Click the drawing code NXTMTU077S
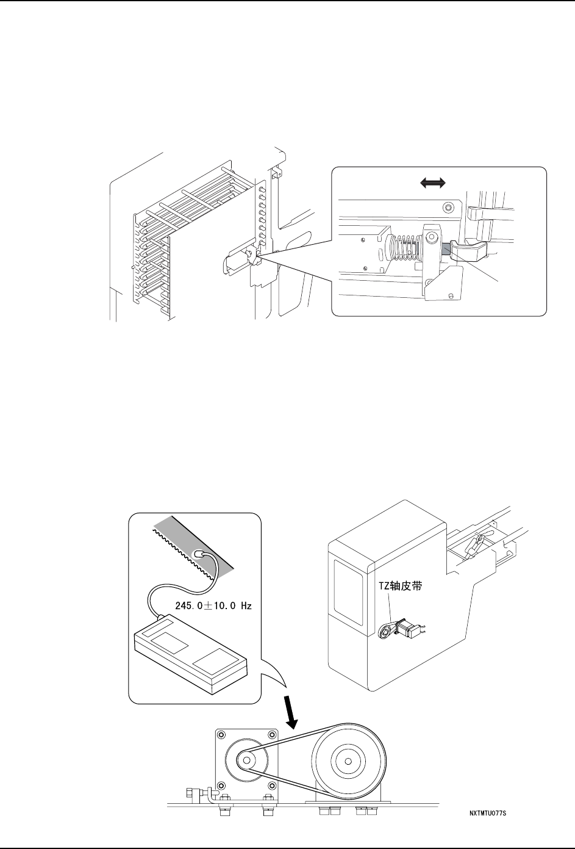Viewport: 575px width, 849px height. (488, 814)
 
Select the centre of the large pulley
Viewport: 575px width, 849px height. (347, 762)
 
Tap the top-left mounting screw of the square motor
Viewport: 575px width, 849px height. (221, 737)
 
